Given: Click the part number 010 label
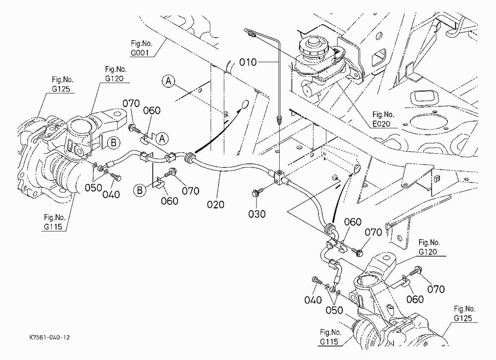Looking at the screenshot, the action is (248, 62).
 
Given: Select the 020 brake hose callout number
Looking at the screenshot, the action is (215, 204).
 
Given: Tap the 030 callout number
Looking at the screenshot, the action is (256, 214).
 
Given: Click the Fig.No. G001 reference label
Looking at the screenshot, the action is (141, 48).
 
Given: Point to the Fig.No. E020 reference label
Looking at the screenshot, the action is (383, 119).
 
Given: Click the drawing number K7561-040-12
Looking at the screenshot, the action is (50, 338).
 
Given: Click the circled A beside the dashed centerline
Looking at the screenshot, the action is (168, 81).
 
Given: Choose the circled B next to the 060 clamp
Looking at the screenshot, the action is (139, 190).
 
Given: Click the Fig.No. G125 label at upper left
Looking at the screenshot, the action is (63, 84).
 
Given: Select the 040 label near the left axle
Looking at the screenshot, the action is (111, 194).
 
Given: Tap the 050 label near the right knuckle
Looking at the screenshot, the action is (334, 310).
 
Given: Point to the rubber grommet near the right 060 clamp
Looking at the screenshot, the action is (329, 228).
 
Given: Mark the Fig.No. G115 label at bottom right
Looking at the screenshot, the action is (330, 337).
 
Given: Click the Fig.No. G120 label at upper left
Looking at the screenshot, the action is (116, 74).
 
